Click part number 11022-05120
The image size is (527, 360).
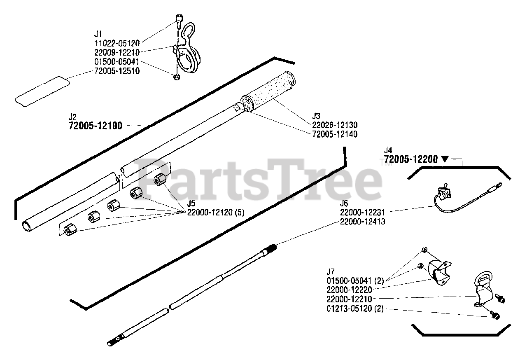click(x=117, y=42)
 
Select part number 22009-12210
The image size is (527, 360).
click(x=117, y=52)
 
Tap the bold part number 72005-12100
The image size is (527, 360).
click(x=95, y=126)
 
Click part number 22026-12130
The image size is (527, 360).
click(x=335, y=125)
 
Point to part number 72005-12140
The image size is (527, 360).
click(x=335, y=134)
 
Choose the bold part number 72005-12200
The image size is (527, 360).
click(x=410, y=159)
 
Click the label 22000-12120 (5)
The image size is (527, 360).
click(x=216, y=213)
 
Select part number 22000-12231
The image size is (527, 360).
click(x=363, y=212)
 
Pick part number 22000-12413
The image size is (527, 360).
click(x=363, y=222)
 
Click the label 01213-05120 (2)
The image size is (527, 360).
click(x=354, y=309)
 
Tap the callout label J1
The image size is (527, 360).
click(x=98, y=33)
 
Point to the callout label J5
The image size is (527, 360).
click(x=191, y=203)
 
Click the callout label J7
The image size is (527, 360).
click(x=330, y=272)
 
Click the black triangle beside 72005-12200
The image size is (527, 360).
click(x=445, y=159)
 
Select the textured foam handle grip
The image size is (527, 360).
click(x=268, y=92)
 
